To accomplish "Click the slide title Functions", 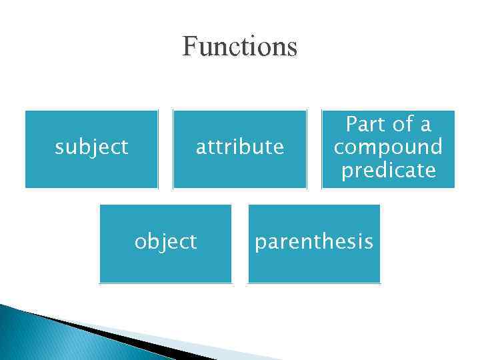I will [x=239, y=47].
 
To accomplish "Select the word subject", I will [x=91, y=147].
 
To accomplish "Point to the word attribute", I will [x=239, y=147].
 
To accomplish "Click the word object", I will [x=165, y=241].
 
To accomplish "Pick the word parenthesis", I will [x=313, y=241].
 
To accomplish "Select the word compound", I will [x=388, y=147].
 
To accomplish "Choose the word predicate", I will [x=388, y=171].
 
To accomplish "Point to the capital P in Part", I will [x=350, y=125].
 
